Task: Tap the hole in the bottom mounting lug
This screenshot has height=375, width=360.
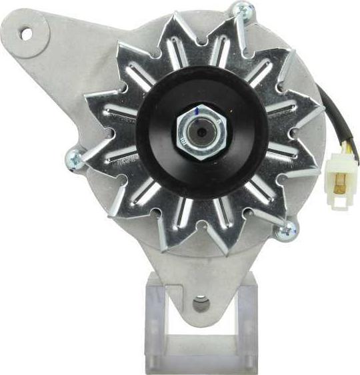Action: click(199, 304)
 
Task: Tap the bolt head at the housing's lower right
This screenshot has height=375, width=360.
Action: click(286, 231)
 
